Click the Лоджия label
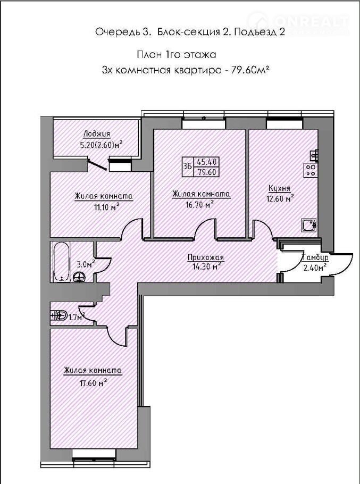point(97,134)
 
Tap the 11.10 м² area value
point(107,207)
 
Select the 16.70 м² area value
point(202,204)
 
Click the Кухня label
point(280,188)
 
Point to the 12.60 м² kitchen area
point(280,198)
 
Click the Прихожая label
point(206,257)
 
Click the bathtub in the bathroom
point(61,262)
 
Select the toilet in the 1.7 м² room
point(60,315)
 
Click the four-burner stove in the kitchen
point(311,170)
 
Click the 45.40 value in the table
point(206,161)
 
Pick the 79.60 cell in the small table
point(207,172)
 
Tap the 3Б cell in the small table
point(187,166)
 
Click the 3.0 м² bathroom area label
point(85,264)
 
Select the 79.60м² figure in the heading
point(249,70)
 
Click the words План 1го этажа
point(177,55)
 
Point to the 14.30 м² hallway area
point(206,266)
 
